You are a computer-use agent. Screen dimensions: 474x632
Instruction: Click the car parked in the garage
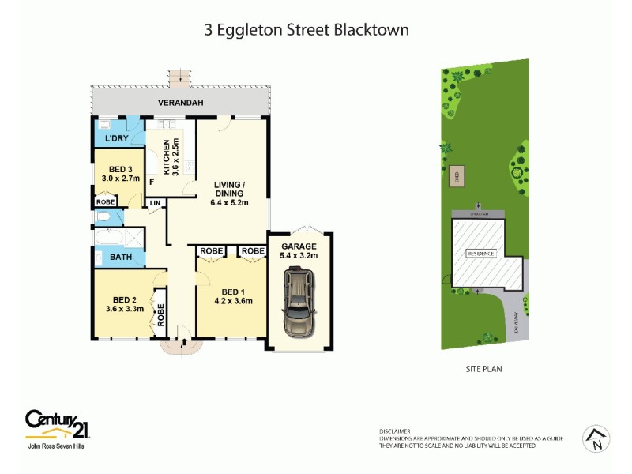click(298, 304)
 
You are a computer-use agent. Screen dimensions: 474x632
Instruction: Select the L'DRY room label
click(117, 140)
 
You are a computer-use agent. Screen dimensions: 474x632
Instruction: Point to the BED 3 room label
click(120, 174)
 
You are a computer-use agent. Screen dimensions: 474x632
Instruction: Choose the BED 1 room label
click(233, 295)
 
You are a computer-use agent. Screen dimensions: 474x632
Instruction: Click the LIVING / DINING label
click(230, 194)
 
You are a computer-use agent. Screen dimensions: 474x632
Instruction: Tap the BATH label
click(121, 257)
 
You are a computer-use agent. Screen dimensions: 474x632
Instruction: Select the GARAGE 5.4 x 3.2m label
click(298, 251)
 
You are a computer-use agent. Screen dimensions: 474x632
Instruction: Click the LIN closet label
click(155, 203)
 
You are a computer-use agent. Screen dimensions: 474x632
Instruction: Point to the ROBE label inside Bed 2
click(160, 316)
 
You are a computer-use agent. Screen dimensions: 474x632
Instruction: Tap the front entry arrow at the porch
click(184, 343)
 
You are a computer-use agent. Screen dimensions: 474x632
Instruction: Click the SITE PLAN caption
click(483, 368)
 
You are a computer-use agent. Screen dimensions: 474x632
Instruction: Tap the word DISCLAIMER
click(394, 431)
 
